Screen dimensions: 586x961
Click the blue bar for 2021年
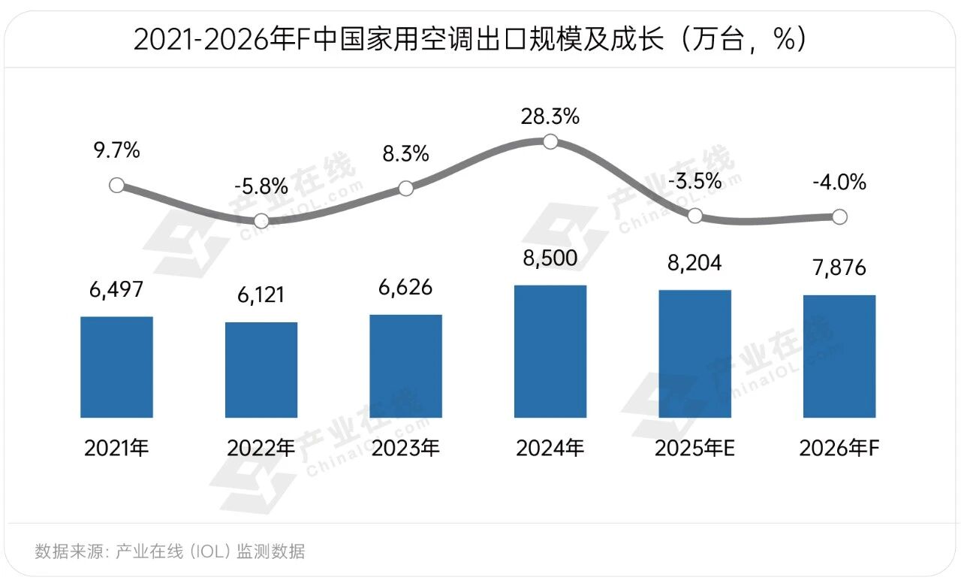pos(116,367)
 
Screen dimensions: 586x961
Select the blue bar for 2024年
pos(550,351)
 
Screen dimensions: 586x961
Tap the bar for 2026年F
pos(839,356)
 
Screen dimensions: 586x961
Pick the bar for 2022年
pos(261,370)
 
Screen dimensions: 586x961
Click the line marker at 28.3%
pos(550,142)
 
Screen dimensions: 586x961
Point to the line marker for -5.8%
pos(261,221)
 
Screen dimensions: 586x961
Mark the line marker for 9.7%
pos(116,185)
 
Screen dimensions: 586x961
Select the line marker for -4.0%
pos(839,217)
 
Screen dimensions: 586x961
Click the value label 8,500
pos(550,258)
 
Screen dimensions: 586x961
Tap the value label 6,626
pos(405,288)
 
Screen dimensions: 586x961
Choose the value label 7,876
pos(839,268)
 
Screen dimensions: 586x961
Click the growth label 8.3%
pos(405,155)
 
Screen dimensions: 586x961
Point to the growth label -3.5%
pos(694,181)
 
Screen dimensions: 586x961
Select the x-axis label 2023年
pos(405,449)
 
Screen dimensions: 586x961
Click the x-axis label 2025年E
pos(694,449)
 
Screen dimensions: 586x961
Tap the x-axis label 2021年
pos(116,449)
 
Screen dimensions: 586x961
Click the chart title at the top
pos(470,40)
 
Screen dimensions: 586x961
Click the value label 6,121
pos(261,294)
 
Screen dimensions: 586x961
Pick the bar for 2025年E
pos(694,353)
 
